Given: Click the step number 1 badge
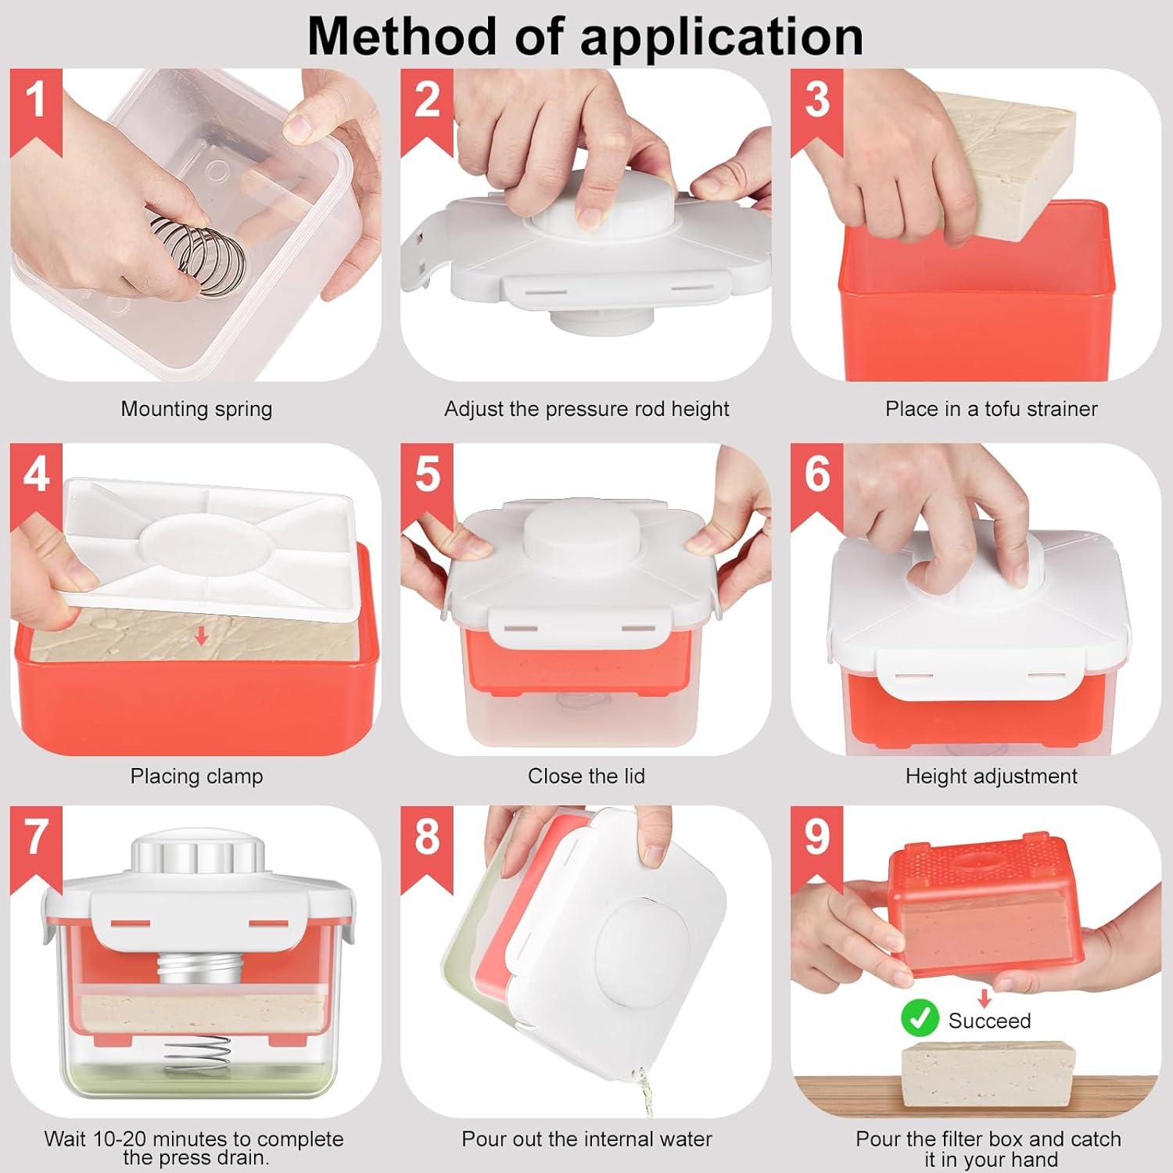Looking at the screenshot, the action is click(x=36, y=109).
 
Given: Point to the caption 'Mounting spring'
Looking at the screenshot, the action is click(x=196, y=409).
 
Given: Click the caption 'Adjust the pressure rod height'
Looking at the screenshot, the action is click(x=586, y=409).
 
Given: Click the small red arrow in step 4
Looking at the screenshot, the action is click(x=201, y=637).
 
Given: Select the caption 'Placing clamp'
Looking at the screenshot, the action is click(x=196, y=777).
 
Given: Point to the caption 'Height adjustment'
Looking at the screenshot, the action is click(x=991, y=777).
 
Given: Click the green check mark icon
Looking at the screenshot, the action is click(x=920, y=1019).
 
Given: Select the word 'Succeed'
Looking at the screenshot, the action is click(x=989, y=1021).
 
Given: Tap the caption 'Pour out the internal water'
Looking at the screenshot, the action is click(x=586, y=1139).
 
